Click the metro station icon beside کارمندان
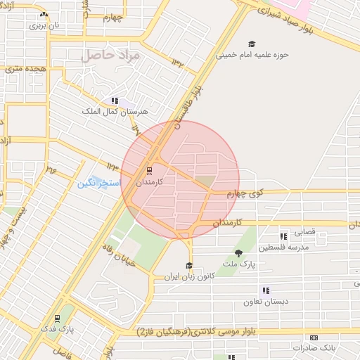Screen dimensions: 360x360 [x=149, y=170]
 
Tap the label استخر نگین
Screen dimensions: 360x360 [x=99, y=183]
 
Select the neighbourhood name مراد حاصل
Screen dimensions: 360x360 [x=110, y=54]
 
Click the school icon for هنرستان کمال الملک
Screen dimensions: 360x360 [x=115, y=101]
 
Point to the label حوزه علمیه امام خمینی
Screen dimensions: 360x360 [x=252, y=53]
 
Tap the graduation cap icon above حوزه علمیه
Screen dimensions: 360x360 [x=252, y=44]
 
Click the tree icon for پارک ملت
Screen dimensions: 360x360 [x=238, y=253]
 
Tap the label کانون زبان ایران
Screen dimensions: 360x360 [x=188, y=276]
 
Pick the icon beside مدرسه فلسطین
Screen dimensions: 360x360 [x=283, y=237]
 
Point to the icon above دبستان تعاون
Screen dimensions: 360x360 [x=265, y=290]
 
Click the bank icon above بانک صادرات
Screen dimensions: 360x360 [x=313, y=337]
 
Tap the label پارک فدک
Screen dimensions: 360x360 [x=58, y=328]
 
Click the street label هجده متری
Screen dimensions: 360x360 [x=25, y=68]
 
